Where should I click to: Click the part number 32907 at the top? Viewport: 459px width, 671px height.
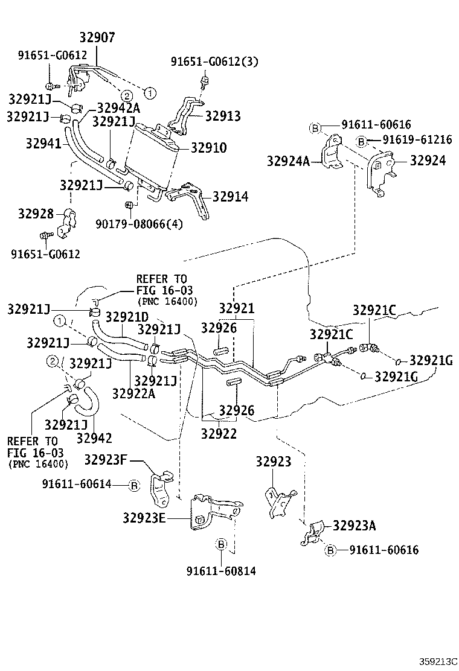(98, 38)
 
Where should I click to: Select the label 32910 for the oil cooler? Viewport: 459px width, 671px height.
(209, 147)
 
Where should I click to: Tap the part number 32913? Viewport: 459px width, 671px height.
(223, 116)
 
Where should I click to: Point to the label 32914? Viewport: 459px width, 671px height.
(230, 197)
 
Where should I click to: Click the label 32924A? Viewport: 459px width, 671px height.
(289, 161)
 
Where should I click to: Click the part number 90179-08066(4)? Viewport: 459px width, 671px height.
(139, 224)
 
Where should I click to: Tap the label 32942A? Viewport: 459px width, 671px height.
(118, 107)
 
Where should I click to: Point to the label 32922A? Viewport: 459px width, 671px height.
(133, 393)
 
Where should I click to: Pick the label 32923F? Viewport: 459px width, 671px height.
(104, 460)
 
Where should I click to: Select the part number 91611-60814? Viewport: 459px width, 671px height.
(221, 570)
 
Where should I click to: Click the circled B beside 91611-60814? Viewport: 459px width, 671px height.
(221, 545)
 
